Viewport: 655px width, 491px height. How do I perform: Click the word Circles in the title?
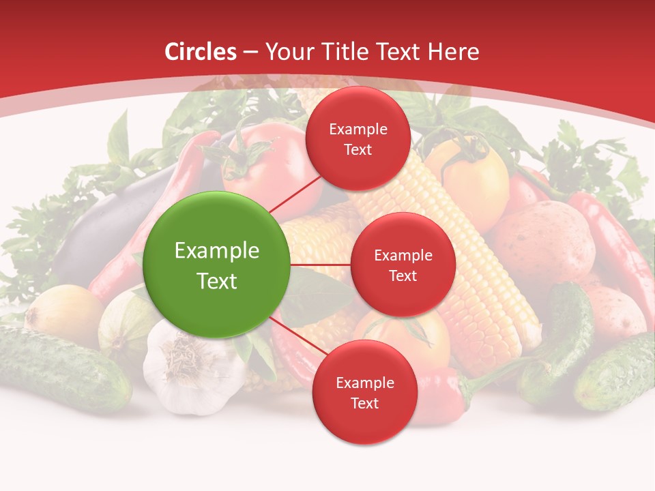click(201, 52)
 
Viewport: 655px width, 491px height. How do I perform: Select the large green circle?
click(216, 265)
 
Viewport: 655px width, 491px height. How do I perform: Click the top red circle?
click(358, 138)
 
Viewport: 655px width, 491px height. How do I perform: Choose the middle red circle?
click(403, 265)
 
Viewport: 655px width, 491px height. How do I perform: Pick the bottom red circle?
click(364, 392)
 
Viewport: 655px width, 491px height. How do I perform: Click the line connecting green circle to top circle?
click(295, 192)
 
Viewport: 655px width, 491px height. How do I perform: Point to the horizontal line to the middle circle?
click(320, 265)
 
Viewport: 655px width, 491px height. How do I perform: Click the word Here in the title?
click(454, 52)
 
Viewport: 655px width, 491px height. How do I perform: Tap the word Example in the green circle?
click(216, 251)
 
